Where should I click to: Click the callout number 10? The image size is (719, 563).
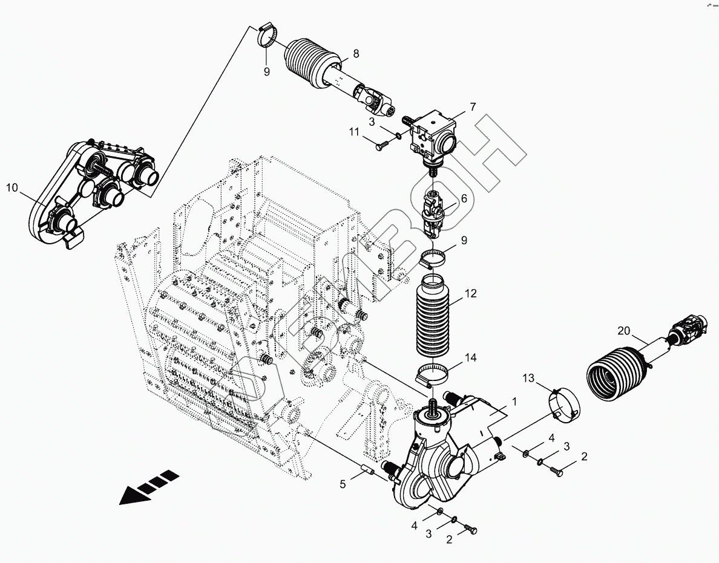click(x=12, y=188)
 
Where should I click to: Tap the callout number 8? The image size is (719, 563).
click(x=356, y=53)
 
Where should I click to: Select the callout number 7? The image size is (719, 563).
click(x=472, y=106)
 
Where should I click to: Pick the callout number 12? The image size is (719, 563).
click(x=471, y=294)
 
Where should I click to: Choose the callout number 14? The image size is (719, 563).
click(x=471, y=358)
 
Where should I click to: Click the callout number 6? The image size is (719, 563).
click(x=464, y=198)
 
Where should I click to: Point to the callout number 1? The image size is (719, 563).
click(x=514, y=400)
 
